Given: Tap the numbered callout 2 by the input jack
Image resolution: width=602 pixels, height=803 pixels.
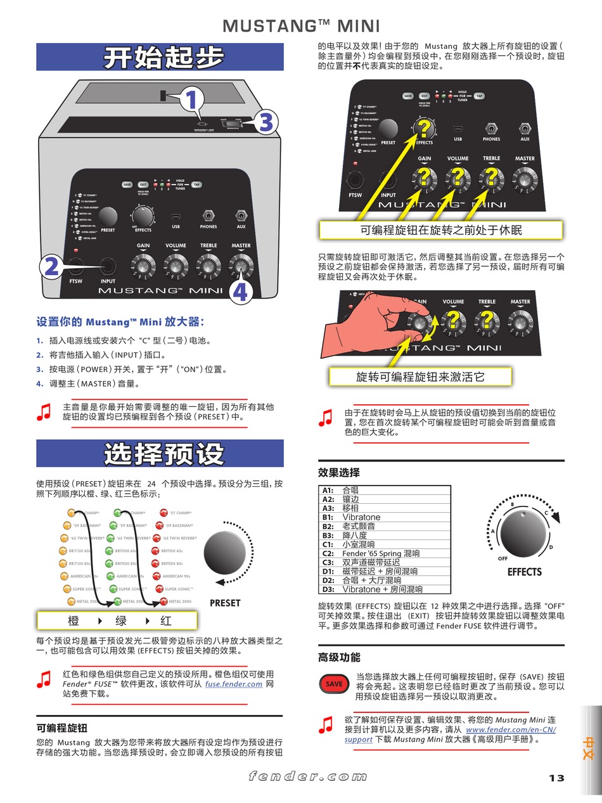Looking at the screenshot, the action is [51, 267].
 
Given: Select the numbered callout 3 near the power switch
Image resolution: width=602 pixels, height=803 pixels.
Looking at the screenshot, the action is [266, 122].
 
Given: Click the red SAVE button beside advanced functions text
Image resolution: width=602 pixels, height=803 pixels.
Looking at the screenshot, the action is [334, 684].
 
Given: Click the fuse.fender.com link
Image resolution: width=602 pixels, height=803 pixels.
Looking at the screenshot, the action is [234, 684].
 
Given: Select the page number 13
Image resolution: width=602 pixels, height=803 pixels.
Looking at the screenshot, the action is [556, 778].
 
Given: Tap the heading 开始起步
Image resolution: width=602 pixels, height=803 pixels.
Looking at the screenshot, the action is [163, 58].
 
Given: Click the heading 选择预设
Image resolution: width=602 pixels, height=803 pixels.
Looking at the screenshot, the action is [163, 454].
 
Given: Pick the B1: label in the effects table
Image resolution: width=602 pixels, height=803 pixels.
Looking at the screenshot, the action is [328, 517].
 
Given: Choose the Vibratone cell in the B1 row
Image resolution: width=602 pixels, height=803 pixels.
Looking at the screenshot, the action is [361, 517].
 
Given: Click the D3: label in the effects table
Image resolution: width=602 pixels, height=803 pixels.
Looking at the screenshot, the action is [328, 589].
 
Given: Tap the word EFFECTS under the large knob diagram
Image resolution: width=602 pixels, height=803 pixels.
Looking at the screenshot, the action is [524, 572].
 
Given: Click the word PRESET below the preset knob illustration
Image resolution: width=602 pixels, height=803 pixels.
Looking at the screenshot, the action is [225, 603].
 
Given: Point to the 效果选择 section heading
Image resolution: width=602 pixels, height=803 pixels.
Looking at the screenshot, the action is [339, 472].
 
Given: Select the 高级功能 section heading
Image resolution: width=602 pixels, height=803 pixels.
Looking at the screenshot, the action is [339, 657].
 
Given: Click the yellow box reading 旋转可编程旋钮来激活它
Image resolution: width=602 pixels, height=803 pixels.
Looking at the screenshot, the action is [420, 377].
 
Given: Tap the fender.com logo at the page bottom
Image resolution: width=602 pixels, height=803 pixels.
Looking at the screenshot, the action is [307, 776].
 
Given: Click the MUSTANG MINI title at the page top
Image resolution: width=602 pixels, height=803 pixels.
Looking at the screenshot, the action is [301, 26].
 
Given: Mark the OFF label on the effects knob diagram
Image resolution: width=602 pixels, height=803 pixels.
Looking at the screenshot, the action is [503, 558].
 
